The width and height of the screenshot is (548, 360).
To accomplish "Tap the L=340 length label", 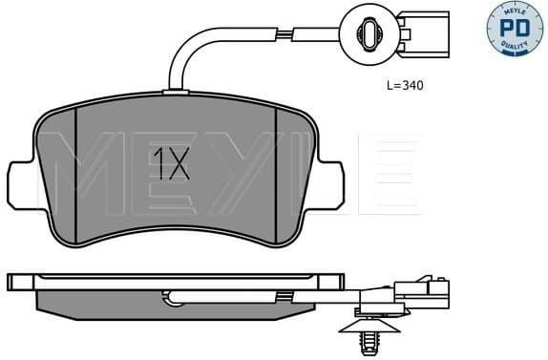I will coord(404,85).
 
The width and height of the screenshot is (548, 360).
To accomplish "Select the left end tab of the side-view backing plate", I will coord(19,283).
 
